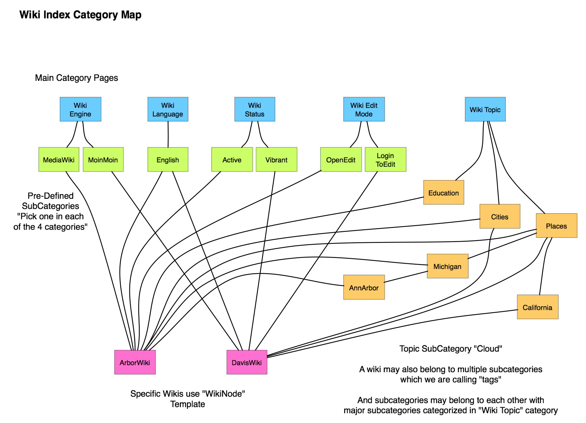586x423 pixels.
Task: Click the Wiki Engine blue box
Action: [80, 109]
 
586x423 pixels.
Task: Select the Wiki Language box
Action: [168, 109]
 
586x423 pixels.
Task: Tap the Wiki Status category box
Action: [254, 109]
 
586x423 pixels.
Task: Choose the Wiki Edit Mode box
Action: [364, 109]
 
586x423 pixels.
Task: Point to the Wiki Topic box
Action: [485, 109]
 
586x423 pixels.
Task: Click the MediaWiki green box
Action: [59, 159]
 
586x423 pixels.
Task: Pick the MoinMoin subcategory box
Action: [103, 159]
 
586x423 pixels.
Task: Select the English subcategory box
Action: [168, 159]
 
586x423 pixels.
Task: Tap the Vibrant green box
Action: [276, 159]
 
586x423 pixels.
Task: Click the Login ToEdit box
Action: [385, 159]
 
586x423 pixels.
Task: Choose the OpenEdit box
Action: [341, 159]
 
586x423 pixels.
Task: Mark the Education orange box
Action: [443, 192]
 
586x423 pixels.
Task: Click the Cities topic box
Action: [500, 216]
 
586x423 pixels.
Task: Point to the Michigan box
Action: [447, 266]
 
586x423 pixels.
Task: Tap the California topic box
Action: [537, 307]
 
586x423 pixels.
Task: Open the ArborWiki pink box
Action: [135, 362]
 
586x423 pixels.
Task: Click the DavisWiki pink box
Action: [247, 362]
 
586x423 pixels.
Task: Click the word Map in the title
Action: [131, 15]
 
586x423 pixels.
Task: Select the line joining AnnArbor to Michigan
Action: [406, 277]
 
